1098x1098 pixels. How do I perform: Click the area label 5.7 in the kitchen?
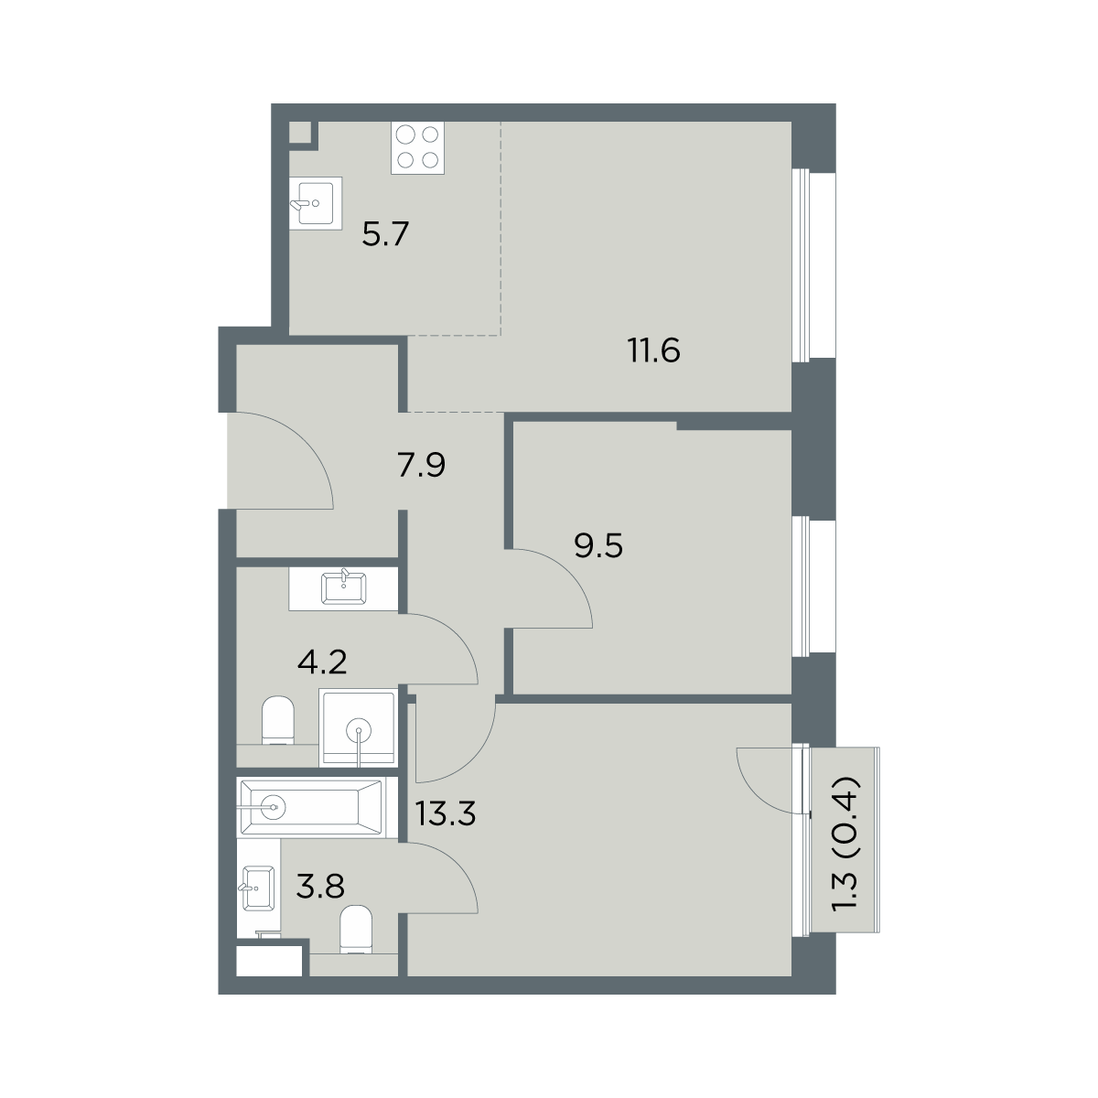386,234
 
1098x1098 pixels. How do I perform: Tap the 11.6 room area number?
654,351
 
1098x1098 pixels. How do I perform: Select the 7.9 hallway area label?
421,466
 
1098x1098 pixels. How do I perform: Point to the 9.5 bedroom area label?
598,546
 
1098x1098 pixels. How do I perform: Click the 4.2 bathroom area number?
322,662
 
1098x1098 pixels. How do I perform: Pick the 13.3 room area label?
446,813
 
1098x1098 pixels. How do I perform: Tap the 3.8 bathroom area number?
321,888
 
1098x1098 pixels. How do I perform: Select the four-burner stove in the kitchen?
417,147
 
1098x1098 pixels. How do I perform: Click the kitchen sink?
315,203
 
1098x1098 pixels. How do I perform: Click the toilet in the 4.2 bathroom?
278,720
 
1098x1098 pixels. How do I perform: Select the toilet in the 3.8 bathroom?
356,930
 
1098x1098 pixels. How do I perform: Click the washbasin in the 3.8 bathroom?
258,888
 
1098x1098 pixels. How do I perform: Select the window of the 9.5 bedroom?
813,587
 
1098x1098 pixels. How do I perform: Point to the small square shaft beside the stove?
300,133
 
